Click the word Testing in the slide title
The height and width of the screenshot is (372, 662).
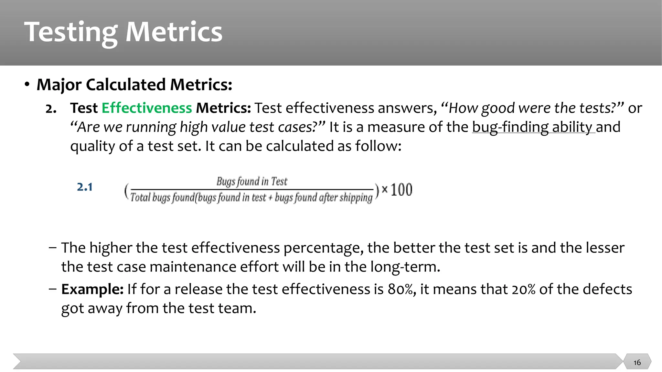(x=71, y=32)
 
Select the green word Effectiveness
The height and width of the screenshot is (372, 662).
(x=147, y=108)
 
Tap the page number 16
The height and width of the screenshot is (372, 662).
(x=637, y=362)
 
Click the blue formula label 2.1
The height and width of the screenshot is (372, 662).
(x=85, y=187)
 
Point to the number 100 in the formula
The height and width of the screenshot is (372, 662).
(x=401, y=190)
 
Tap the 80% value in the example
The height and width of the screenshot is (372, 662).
(x=401, y=289)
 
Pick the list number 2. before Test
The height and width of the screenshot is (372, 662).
(x=51, y=108)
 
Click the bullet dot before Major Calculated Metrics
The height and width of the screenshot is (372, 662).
(x=27, y=85)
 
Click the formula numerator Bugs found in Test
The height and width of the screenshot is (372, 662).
(x=252, y=181)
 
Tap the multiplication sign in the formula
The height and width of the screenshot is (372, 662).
(x=384, y=189)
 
